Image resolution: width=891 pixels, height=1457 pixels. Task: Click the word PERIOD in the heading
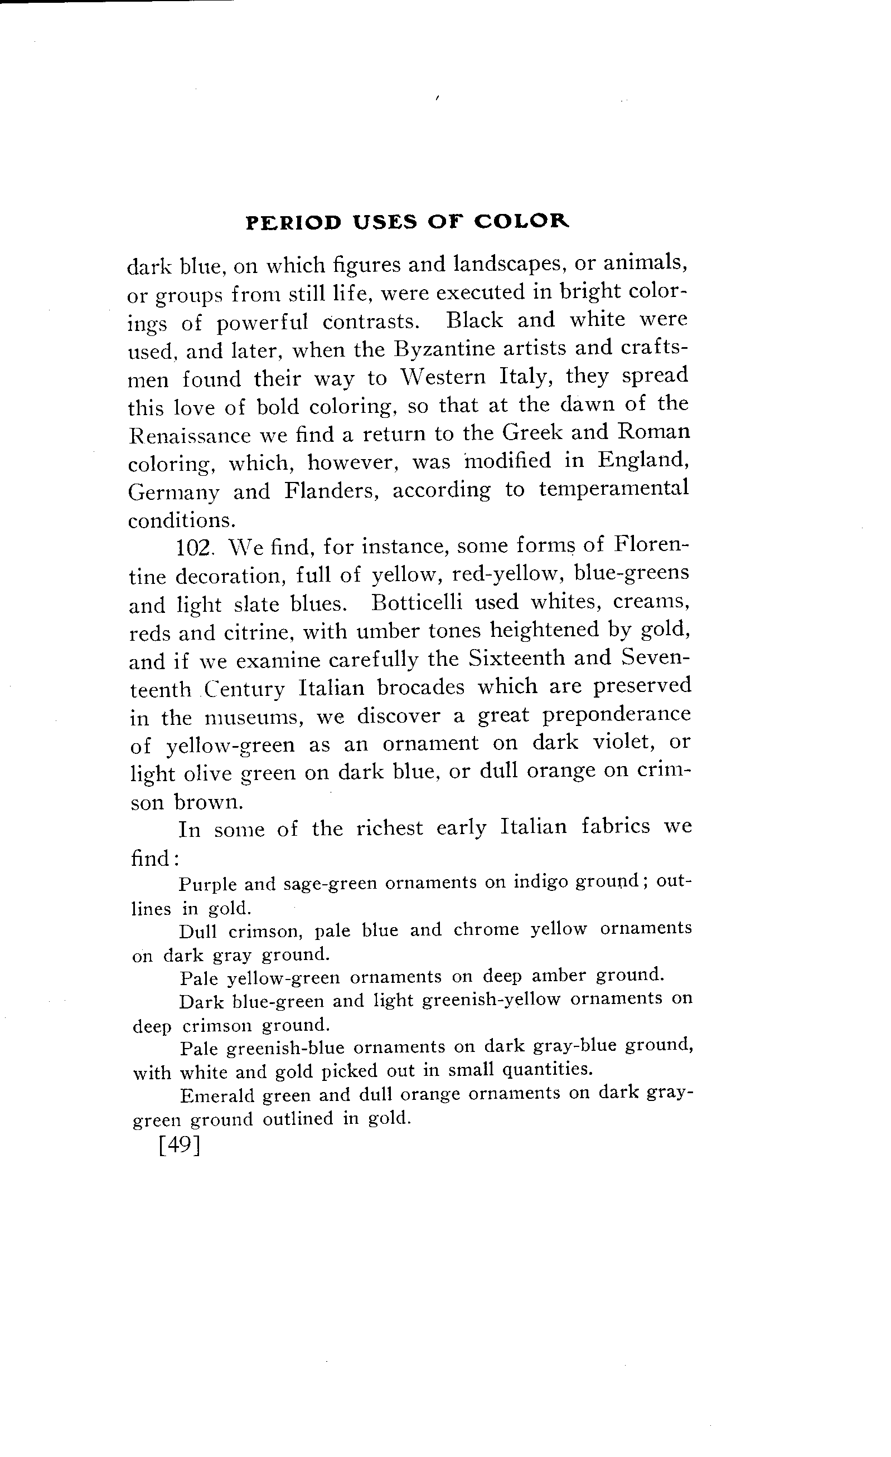(x=293, y=222)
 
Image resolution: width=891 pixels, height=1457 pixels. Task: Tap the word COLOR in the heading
(x=522, y=222)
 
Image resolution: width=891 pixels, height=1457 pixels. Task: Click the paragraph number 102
(x=195, y=547)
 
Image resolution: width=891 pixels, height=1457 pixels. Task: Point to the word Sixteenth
(x=515, y=659)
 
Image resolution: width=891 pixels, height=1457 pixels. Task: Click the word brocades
(x=420, y=687)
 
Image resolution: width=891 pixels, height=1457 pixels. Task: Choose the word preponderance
(x=617, y=714)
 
